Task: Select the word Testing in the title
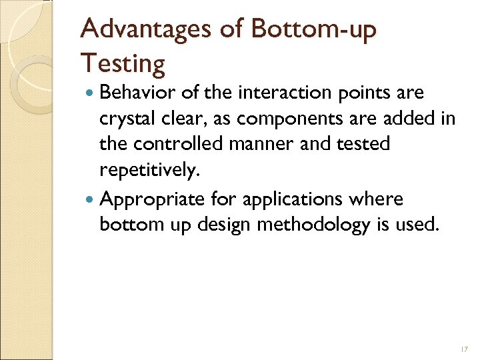click(x=123, y=65)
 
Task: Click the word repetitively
click(x=148, y=171)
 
